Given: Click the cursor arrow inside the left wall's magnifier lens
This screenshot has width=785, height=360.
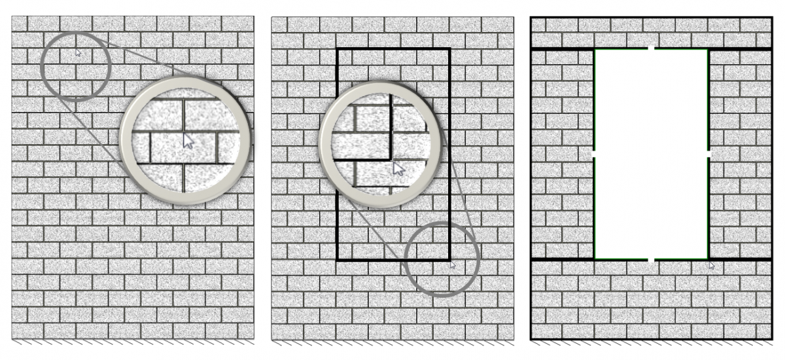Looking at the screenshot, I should (188, 140).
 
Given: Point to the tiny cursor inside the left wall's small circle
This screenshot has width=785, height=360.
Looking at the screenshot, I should (78, 52).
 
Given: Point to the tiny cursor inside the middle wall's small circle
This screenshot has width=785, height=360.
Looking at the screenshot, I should (452, 264).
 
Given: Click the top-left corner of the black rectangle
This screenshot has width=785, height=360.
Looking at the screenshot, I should (337, 49).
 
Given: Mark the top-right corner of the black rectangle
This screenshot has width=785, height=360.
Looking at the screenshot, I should (449, 49).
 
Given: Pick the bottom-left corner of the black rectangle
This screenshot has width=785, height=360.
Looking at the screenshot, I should (337, 260).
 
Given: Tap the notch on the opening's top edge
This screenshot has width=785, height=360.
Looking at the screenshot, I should (652, 49).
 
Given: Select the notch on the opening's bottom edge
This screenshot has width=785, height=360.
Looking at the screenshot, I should (652, 260).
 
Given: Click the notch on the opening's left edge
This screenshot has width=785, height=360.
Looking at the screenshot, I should (594, 154).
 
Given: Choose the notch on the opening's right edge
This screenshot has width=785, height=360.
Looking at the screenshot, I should (709, 154).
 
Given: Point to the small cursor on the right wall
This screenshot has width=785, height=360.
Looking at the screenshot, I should (712, 265).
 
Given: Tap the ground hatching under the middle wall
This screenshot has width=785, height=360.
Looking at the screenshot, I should (392, 342).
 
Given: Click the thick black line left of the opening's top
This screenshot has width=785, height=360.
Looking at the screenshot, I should (563, 49).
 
